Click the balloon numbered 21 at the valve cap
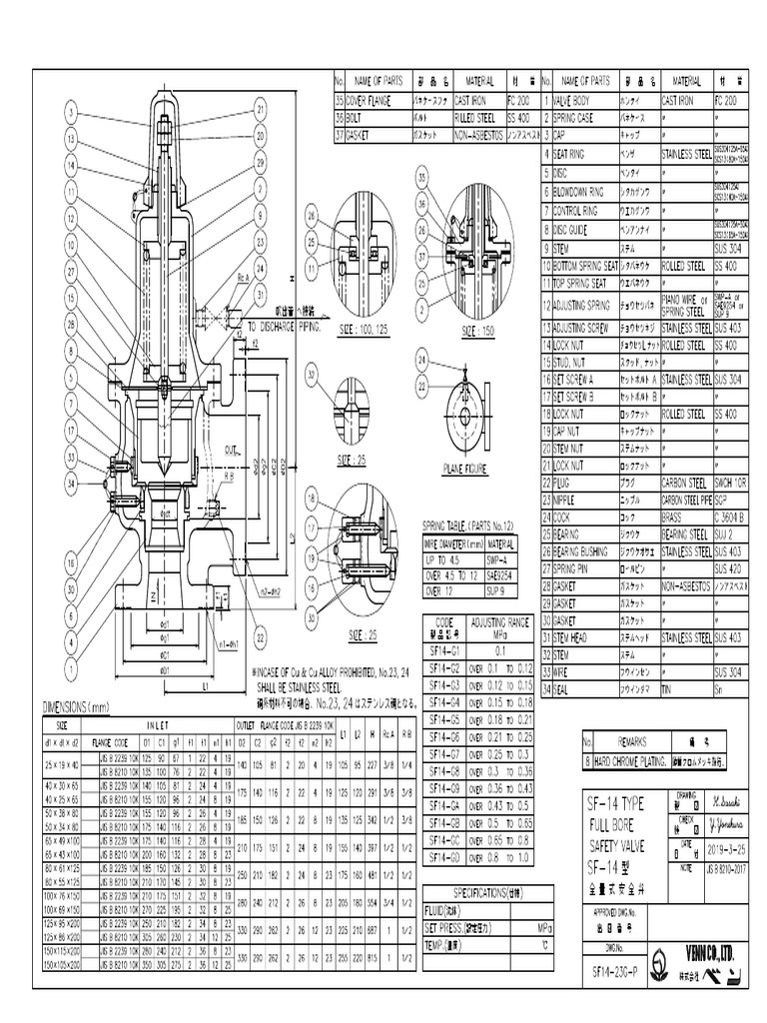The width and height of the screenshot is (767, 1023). tap(260, 109)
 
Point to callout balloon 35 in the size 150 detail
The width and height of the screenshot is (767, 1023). tap(421, 176)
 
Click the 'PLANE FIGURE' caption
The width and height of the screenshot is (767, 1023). tap(465, 466)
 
